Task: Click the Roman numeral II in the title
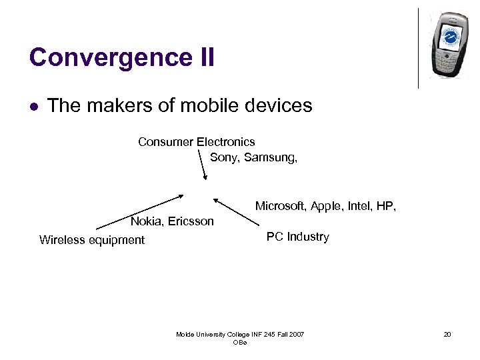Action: [205, 57]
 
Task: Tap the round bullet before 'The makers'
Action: [33, 106]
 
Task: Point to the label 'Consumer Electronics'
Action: [196, 141]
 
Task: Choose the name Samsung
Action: [270, 157]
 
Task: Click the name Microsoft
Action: [280, 207]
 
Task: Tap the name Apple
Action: [326, 207]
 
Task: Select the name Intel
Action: [359, 207]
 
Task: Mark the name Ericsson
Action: [191, 221]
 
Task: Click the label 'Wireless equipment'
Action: [92, 240]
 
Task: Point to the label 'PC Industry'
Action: [297, 237]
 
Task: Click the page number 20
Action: [447, 334]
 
